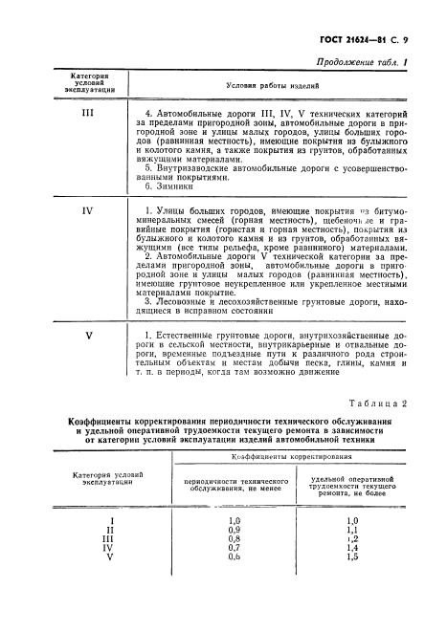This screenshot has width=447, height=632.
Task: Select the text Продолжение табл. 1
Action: tap(359, 64)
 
